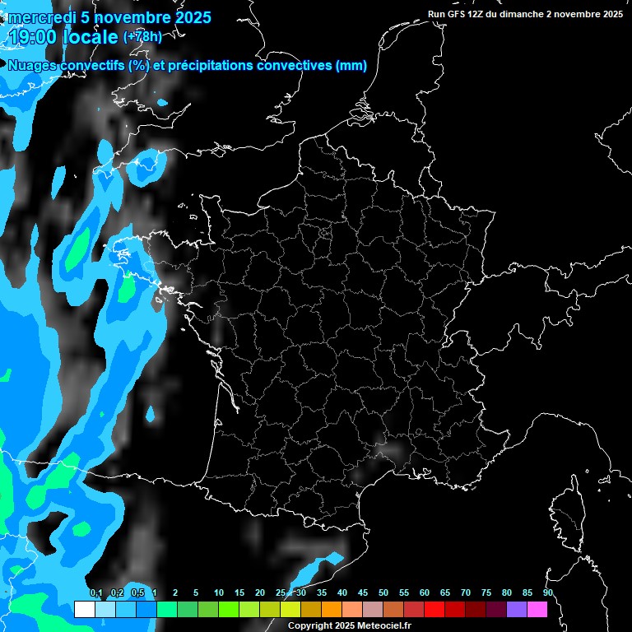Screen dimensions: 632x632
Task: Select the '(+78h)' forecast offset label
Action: point(142,36)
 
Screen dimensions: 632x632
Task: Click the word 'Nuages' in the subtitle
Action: point(32,66)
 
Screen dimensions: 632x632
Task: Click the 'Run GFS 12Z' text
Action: point(459,14)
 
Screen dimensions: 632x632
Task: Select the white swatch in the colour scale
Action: point(84,609)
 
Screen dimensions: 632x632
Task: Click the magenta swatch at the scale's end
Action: point(537,609)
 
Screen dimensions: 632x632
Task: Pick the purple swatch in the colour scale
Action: point(517,609)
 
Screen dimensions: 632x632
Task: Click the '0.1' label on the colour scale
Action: point(95,593)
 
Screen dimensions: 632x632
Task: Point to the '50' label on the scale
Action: point(383,593)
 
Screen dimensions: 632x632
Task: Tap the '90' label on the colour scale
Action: point(547,593)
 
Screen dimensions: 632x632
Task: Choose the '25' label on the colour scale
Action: point(281,593)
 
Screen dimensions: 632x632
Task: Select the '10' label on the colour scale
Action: point(219,593)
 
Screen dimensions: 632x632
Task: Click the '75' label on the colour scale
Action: point(486,593)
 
